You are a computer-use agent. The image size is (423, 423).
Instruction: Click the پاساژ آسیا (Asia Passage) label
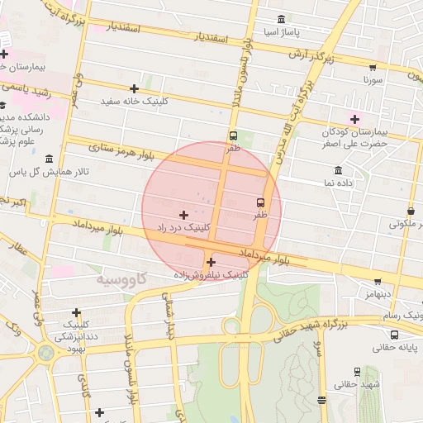tap(281, 33)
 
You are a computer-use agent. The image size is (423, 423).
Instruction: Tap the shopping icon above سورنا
tap(373, 67)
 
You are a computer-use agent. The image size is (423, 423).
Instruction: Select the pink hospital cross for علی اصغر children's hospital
tap(355, 119)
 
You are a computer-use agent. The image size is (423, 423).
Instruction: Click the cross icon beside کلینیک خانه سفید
tap(134, 88)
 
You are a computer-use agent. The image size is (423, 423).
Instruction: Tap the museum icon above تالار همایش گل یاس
tap(49, 158)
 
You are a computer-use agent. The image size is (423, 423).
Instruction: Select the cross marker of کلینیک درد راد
tap(183, 214)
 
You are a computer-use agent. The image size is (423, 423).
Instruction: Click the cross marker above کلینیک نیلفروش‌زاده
tap(211, 262)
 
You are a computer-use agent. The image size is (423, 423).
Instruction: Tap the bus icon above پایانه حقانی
tap(395, 335)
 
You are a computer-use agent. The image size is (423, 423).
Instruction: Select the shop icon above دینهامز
tap(378, 282)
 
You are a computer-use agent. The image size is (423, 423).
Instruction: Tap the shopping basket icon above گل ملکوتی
tap(411, 210)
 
